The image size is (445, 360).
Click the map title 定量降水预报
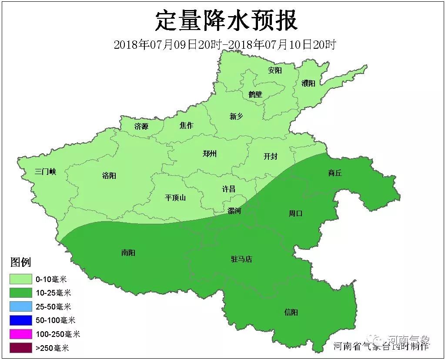coord(226,21)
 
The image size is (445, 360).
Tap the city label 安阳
coord(275,71)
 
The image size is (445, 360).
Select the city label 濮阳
coord(308,83)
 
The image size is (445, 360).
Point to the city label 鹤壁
coord(255,94)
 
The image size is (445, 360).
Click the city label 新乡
coord(236,116)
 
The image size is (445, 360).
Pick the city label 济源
coord(141,127)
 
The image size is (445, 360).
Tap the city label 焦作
coord(186,125)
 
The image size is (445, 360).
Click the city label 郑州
coord(210,154)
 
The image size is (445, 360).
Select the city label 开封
coord(270,157)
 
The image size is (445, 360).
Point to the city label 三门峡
coord(46,172)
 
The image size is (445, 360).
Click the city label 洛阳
coord(109,176)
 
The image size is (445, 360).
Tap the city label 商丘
coord(335,173)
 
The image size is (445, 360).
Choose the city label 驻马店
coord(241,259)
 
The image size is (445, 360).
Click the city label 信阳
coord(291,313)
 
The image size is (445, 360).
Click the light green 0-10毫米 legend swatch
coord(21,279)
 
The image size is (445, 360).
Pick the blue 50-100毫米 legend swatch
coord(21,320)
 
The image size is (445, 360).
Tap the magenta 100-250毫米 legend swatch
coord(21,334)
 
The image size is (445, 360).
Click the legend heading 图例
coord(21,262)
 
